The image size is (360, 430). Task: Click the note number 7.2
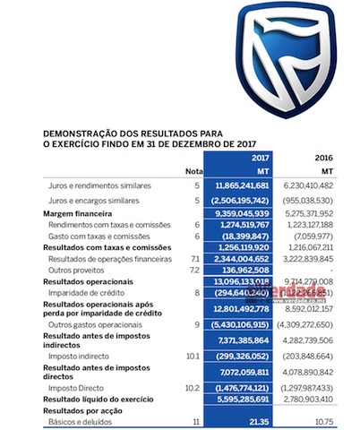click(194, 269)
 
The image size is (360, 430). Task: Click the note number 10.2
click(193, 387)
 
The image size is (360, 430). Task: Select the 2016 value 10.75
click(333, 420)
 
